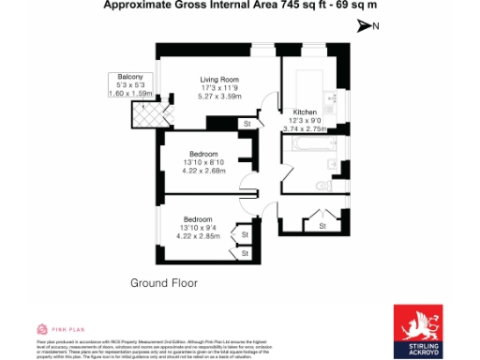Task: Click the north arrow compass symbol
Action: click(366, 26)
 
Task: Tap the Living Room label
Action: click(221, 80)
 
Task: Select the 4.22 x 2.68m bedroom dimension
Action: click(203, 172)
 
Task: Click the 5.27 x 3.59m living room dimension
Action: click(221, 97)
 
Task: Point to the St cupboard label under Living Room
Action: click(247, 124)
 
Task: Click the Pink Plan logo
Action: click(57, 329)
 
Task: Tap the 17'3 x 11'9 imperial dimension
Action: click(221, 88)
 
